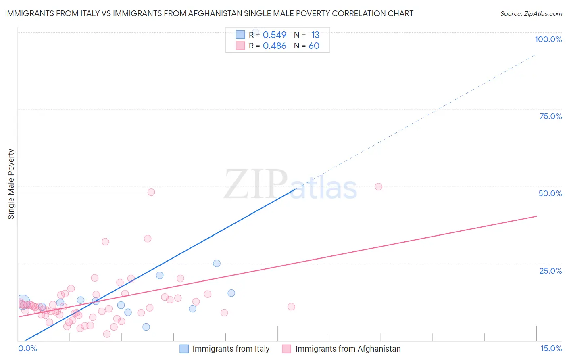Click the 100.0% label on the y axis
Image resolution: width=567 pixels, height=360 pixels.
[x=548, y=39]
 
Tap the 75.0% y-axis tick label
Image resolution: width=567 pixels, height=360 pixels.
[x=550, y=116]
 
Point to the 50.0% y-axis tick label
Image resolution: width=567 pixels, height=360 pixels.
[x=550, y=193]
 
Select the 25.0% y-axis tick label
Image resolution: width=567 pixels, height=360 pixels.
[x=550, y=270]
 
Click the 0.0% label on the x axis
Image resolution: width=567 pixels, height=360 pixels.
[x=27, y=348]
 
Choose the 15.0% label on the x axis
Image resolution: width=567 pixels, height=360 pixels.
[x=551, y=348]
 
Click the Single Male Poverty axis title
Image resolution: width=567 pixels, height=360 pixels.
[x=11, y=184]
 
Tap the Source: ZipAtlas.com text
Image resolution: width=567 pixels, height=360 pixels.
[x=531, y=13]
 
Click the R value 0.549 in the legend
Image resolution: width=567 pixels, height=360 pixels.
[x=274, y=35]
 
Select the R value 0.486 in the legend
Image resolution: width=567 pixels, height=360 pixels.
[x=274, y=46]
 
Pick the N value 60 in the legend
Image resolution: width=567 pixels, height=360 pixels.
[x=314, y=46]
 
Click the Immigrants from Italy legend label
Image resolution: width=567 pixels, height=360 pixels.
[x=231, y=349]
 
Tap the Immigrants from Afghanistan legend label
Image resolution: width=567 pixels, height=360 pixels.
[x=348, y=349]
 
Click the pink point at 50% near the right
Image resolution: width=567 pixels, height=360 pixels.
[x=378, y=186]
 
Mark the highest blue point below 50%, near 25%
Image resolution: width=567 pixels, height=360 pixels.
[x=217, y=263]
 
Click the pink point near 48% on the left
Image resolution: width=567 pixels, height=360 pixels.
[x=151, y=192]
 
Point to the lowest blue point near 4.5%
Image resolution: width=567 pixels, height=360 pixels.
[x=146, y=327]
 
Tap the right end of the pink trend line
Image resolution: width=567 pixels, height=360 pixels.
[x=536, y=216]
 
